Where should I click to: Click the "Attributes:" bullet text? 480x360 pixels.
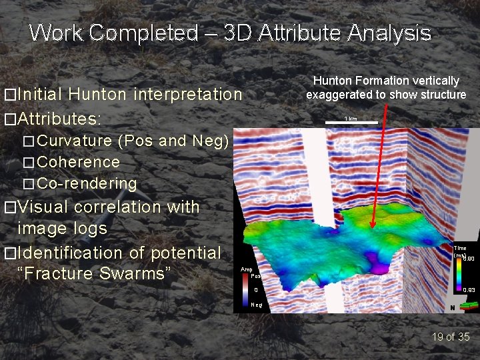coord(59,119)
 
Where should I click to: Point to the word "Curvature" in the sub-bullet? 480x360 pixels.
coord(75,141)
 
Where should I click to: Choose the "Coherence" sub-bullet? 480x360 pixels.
coord(79,162)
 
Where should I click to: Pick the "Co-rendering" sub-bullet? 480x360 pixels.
coord(87,183)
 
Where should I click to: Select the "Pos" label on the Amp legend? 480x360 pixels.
coord(255,276)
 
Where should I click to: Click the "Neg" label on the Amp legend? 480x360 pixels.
coord(256,304)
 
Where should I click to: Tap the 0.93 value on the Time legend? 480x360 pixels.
coord(469,290)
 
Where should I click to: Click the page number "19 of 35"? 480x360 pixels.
coord(451,337)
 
